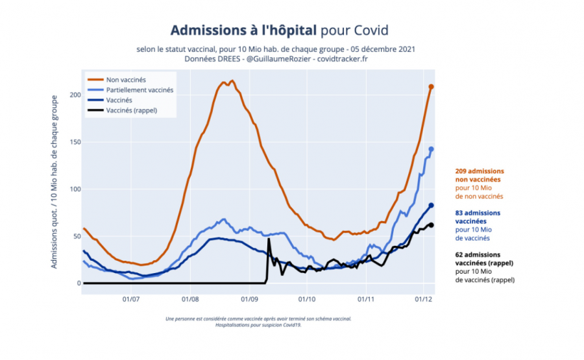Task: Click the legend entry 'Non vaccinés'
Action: pyautogui.click(x=126, y=79)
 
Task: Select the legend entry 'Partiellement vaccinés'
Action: pyautogui.click(x=140, y=90)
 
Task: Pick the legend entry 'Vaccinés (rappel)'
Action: pyautogui.click(x=132, y=110)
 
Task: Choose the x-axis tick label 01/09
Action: pyautogui.click(x=249, y=299)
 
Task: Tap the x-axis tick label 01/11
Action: pyautogui.click(x=365, y=299)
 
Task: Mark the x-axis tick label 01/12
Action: pyautogui.click(x=424, y=299)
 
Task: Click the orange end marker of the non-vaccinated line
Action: pyautogui.click(x=431, y=87)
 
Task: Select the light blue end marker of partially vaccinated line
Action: pyautogui.click(x=431, y=149)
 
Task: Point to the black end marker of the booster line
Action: pyautogui.click(x=431, y=225)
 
